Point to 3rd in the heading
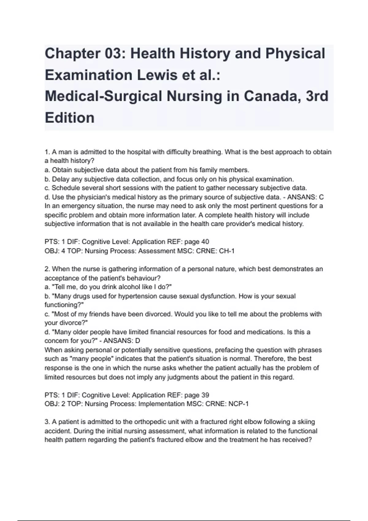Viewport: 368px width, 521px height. pos(317,96)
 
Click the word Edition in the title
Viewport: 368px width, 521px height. pos(70,118)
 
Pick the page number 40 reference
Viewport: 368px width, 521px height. pos(205,242)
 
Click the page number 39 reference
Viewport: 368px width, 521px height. pos(205,395)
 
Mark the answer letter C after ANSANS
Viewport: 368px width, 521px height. pos(321,197)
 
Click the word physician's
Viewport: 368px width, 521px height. pos(81,197)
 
